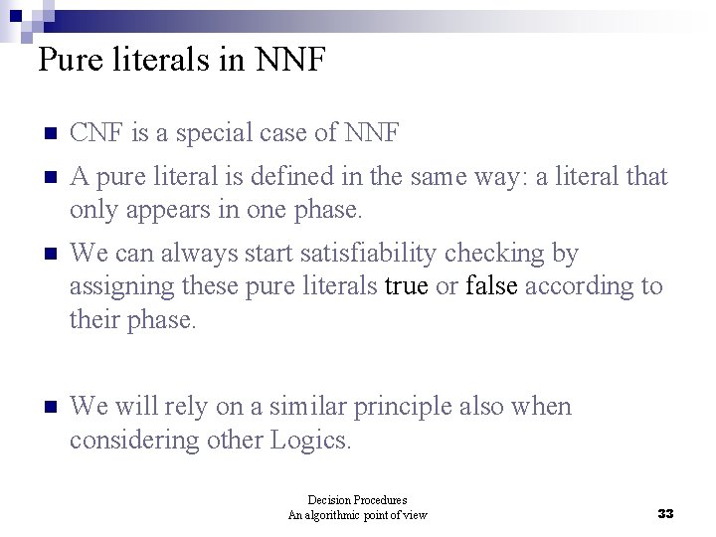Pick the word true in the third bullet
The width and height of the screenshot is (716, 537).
click(407, 286)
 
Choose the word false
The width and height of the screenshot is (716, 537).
click(491, 286)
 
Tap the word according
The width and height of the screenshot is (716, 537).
click(578, 286)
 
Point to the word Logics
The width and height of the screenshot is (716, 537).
click(310, 439)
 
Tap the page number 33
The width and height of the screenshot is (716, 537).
click(665, 514)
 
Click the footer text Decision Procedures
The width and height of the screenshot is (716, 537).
click(357, 500)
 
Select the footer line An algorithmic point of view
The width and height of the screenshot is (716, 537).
click(357, 515)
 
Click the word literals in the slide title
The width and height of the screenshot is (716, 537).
click(177, 61)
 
